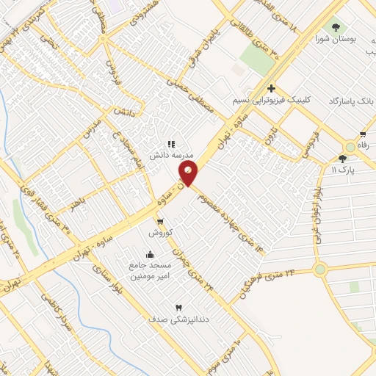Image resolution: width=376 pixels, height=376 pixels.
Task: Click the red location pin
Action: pos(189,173)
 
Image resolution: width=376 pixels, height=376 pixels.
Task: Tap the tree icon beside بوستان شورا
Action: pos(336,28)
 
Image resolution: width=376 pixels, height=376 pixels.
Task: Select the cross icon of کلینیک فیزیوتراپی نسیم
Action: pos(272,88)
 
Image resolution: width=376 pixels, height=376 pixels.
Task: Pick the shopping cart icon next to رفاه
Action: pos(363,134)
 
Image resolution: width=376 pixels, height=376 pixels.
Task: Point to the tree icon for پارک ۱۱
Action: pos(343,159)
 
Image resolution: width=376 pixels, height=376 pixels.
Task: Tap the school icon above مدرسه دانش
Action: pos(171,145)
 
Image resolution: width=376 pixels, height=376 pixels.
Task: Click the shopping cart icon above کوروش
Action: pos(159,221)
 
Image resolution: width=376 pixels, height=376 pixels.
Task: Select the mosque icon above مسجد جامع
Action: pos(151,254)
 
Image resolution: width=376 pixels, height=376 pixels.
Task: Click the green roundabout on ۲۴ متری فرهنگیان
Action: pos(319,270)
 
